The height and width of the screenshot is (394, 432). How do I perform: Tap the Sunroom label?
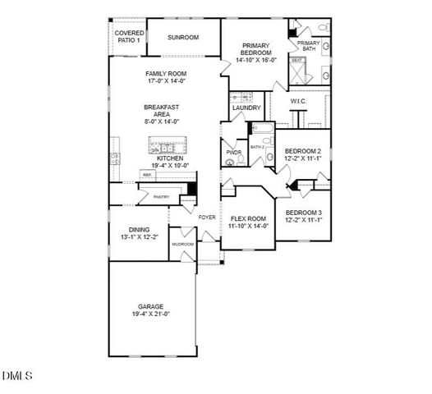click(x=183, y=38)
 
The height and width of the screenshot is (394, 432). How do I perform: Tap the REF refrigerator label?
click(x=147, y=175)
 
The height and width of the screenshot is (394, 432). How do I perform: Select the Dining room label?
click(x=139, y=230)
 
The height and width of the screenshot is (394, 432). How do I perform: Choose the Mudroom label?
click(x=182, y=245)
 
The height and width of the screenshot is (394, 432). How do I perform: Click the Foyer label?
click(x=208, y=217)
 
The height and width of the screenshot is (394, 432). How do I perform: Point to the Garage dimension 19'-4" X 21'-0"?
click(x=150, y=314)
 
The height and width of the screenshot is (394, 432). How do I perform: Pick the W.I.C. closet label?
click(x=298, y=101)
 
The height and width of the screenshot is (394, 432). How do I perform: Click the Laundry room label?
click(x=246, y=108)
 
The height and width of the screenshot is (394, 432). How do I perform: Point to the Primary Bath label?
click(x=309, y=46)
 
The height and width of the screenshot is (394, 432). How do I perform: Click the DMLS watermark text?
click(x=16, y=377)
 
